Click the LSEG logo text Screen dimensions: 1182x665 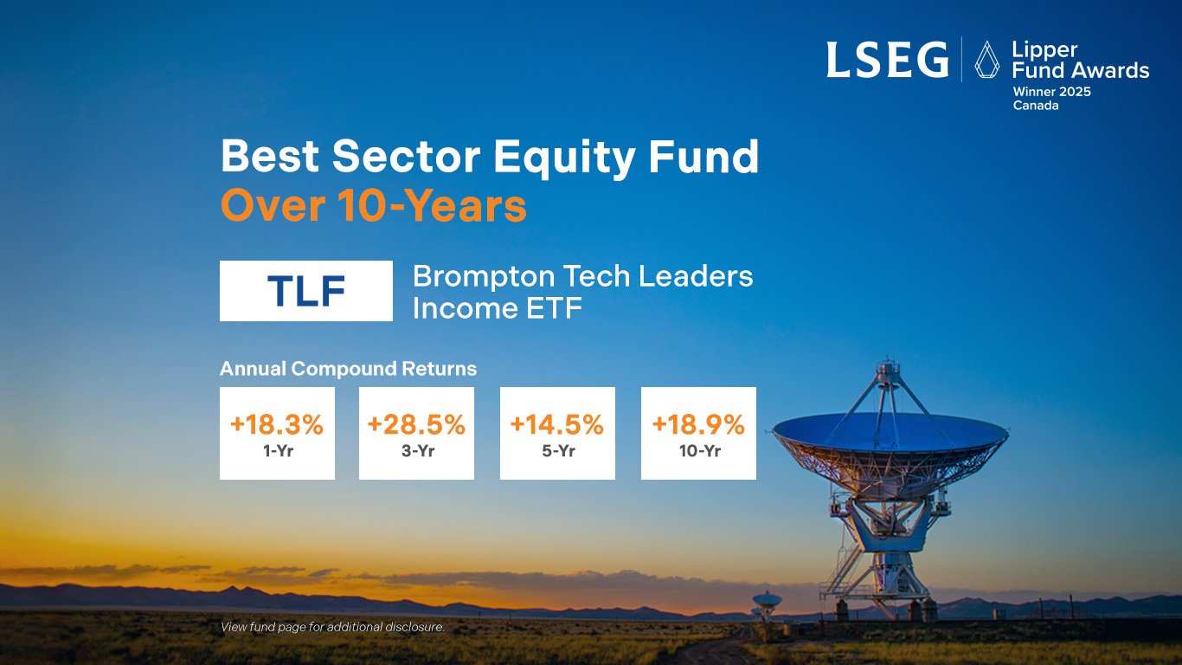pyautogui.click(x=888, y=60)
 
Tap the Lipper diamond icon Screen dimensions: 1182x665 pyautogui.click(x=986, y=60)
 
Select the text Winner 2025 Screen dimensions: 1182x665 pyautogui.click(x=1051, y=92)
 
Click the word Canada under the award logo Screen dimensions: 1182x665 pyautogui.click(x=1035, y=106)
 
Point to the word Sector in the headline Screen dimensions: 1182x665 pyautogui.click(x=406, y=156)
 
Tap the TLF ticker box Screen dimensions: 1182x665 pyautogui.click(x=306, y=291)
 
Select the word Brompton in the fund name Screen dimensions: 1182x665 pyautogui.click(x=484, y=277)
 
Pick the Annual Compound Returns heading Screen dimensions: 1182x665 pyautogui.click(x=348, y=368)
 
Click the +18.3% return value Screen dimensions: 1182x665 pyautogui.click(x=277, y=424)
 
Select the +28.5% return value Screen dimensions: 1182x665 pyautogui.click(x=416, y=424)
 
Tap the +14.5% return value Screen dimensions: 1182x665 pyautogui.click(x=557, y=424)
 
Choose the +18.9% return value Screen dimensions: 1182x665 pyautogui.click(x=698, y=424)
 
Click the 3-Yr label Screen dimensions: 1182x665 pyautogui.click(x=418, y=451)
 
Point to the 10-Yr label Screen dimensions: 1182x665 pyautogui.click(x=700, y=451)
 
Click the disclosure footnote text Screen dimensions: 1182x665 pyautogui.click(x=332, y=627)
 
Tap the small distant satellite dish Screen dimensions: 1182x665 pyautogui.click(x=766, y=602)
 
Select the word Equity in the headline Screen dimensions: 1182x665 pyautogui.click(x=564, y=158)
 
